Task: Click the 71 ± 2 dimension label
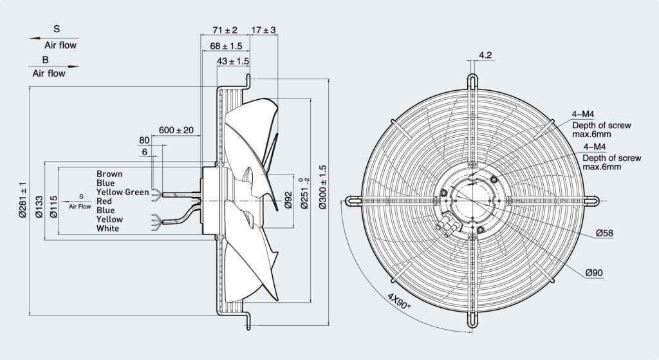click(225, 30)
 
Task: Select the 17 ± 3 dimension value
click(263, 30)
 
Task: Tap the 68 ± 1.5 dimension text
click(227, 46)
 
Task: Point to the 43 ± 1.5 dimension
click(233, 61)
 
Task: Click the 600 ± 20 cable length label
click(176, 130)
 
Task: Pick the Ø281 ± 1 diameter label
click(23, 200)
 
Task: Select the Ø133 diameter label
click(39, 207)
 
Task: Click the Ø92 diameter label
click(288, 200)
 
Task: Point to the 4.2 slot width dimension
click(485, 55)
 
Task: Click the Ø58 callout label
click(605, 233)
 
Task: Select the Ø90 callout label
click(594, 272)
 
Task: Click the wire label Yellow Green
click(123, 192)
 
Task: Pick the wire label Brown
click(109, 174)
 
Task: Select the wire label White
click(107, 229)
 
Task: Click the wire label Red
click(104, 202)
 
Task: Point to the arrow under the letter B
click(54, 66)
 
